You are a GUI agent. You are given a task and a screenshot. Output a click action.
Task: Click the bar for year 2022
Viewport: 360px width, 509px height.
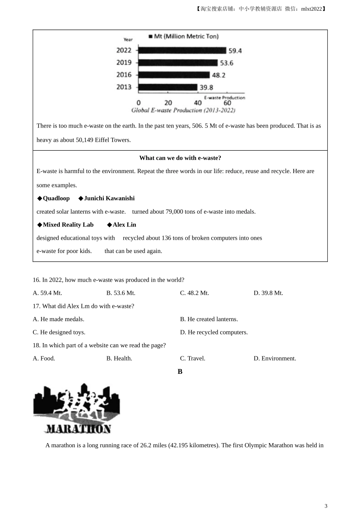pyautogui.click(x=182, y=50)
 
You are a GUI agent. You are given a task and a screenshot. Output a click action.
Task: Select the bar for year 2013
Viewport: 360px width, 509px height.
pyautogui.click(x=167, y=87)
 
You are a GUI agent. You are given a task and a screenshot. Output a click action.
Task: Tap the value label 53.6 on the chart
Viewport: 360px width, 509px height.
pyautogui.click(x=227, y=63)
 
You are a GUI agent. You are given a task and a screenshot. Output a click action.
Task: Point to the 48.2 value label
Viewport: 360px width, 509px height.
pyautogui.click(x=218, y=75)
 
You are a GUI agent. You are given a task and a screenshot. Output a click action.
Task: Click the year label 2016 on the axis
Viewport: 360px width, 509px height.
pyautogui.click(x=124, y=75)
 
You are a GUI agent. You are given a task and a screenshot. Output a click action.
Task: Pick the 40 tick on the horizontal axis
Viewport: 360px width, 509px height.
pyautogui.click(x=198, y=103)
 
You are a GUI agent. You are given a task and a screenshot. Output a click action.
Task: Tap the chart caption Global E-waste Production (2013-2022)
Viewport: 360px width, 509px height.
pyautogui.click(x=183, y=110)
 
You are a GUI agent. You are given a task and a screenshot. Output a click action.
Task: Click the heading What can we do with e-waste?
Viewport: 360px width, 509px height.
pyautogui.click(x=180, y=158)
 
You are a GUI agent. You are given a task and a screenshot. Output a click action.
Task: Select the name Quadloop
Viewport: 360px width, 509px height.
pyautogui.click(x=56, y=198)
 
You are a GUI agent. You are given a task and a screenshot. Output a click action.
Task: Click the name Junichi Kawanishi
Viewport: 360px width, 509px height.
pyautogui.click(x=109, y=198)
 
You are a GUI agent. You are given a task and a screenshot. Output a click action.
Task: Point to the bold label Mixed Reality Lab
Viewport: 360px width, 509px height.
pyautogui.click(x=68, y=225)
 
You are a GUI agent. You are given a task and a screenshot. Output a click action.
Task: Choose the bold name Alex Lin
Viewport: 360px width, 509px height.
pyautogui.click(x=124, y=225)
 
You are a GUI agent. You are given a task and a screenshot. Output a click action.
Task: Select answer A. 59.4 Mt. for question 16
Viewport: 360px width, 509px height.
pyautogui.click(x=47, y=293)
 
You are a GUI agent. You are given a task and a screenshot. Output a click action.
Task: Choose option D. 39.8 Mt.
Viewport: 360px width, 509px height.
pyautogui.click(x=268, y=293)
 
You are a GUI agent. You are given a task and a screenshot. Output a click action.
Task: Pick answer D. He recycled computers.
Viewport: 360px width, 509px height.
pyautogui.click(x=214, y=332)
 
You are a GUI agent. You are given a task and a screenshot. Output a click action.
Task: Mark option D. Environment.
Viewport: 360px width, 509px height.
pyautogui.click(x=275, y=358)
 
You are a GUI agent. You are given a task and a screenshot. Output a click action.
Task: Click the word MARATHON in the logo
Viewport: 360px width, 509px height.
pyautogui.click(x=78, y=429)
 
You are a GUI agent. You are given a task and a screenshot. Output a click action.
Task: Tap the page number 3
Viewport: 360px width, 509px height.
pyautogui.click(x=326, y=506)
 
